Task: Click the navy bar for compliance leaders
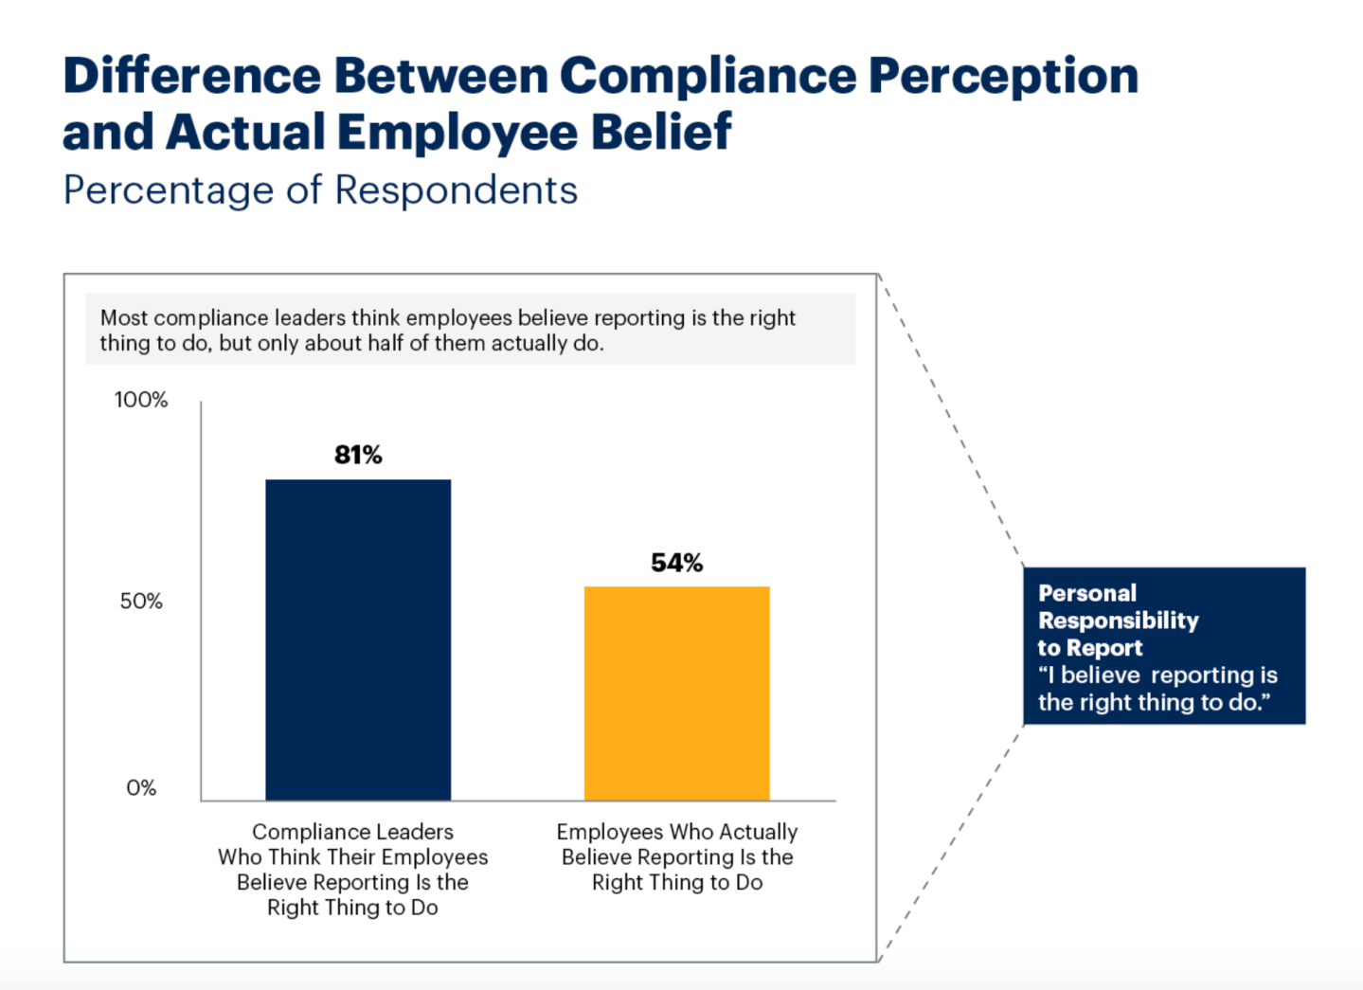click(x=358, y=639)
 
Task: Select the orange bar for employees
click(x=676, y=693)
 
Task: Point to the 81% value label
click(x=358, y=456)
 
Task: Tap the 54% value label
click(x=676, y=564)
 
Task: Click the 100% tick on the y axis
click(x=141, y=400)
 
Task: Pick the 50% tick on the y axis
click(x=141, y=602)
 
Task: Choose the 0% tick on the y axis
click(x=141, y=788)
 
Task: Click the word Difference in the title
click(x=192, y=76)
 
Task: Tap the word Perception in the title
click(x=1003, y=76)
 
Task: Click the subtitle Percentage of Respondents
click(x=320, y=190)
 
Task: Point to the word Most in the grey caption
click(x=123, y=318)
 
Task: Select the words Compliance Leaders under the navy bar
click(x=352, y=832)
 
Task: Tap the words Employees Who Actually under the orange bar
click(x=676, y=832)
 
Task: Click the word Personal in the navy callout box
click(x=1087, y=594)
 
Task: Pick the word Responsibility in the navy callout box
click(x=1119, y=621)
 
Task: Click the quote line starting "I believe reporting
click(x=1157, y=675)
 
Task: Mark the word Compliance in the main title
click(x=708, y=76)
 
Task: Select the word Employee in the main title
click(x=457, y=132)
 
